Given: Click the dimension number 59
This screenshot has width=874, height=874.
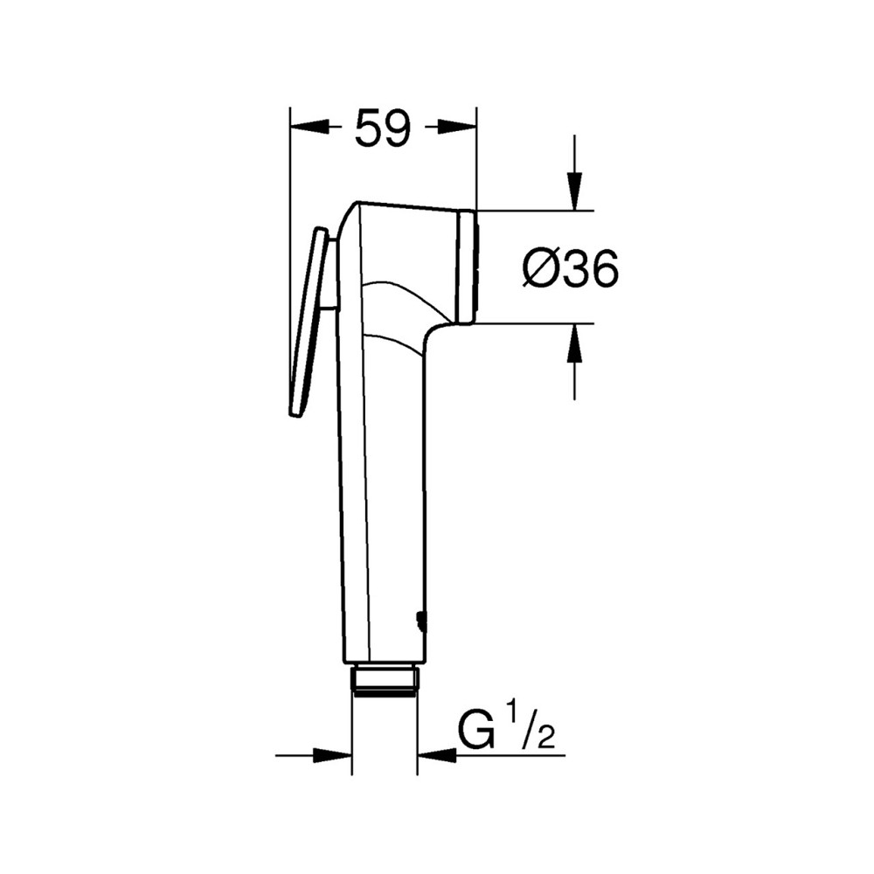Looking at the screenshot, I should pyautogui.click(x=382, y=128).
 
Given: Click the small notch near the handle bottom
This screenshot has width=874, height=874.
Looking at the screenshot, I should pyautogui.click(x=421, y=621).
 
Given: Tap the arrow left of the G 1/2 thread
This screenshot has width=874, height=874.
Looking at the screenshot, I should pyautogui.click(x=332, y=754).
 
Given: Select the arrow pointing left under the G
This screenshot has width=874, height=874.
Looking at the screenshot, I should pyautogui.click(x=437, y=754).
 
